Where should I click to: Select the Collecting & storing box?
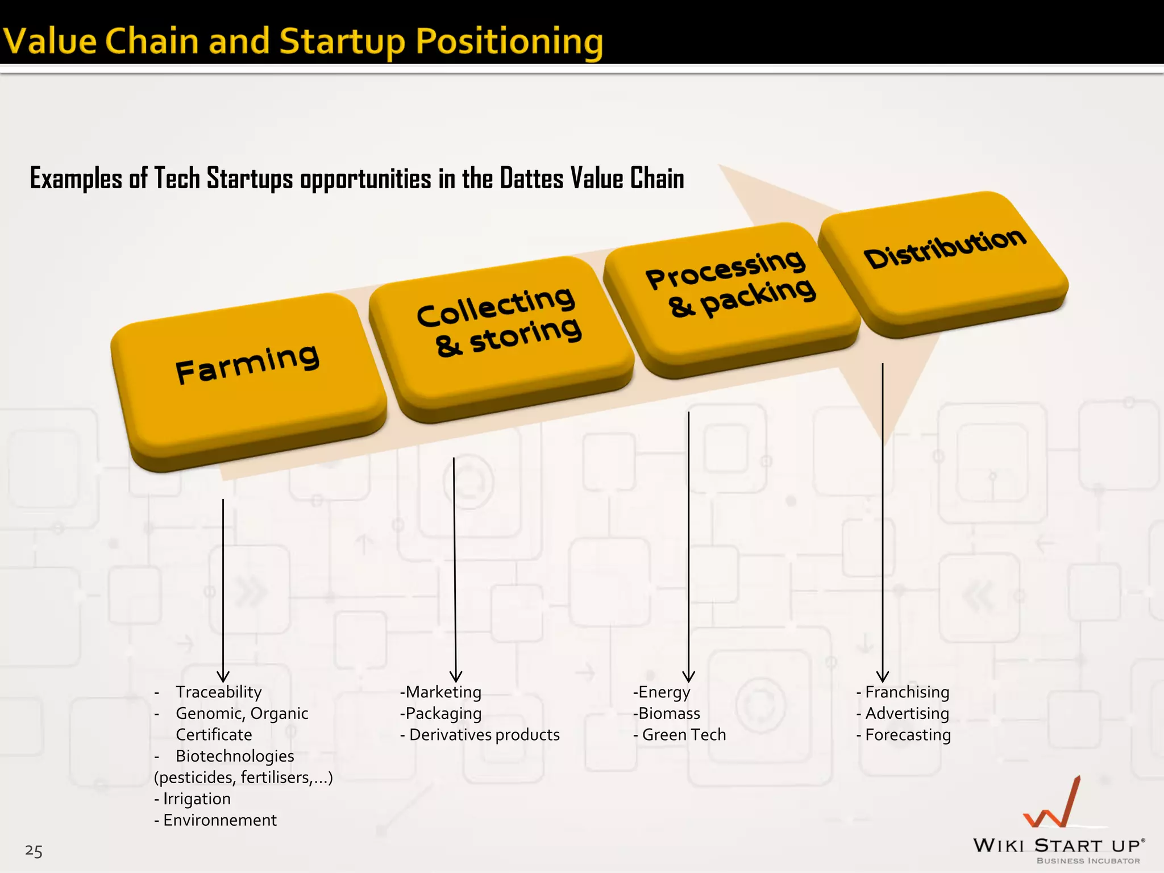(500, 330)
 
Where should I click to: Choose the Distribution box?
(943, 256)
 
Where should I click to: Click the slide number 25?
(34, 851)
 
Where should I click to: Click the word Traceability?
(219, 692)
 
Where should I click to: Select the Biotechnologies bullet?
(235, 756)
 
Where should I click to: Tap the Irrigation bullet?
(197, 799)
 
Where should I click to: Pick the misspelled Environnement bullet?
(219, 820)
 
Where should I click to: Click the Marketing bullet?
(443, 692)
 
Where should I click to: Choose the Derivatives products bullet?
(484, 734)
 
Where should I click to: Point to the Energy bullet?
(664, 692)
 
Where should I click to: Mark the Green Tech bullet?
(684, 734)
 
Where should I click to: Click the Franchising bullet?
(907, 692)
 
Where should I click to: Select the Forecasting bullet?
(908, 734)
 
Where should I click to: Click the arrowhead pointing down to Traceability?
(223, 676)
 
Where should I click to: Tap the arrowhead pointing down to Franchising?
(883, 676)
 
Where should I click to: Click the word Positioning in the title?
(509, 42)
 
